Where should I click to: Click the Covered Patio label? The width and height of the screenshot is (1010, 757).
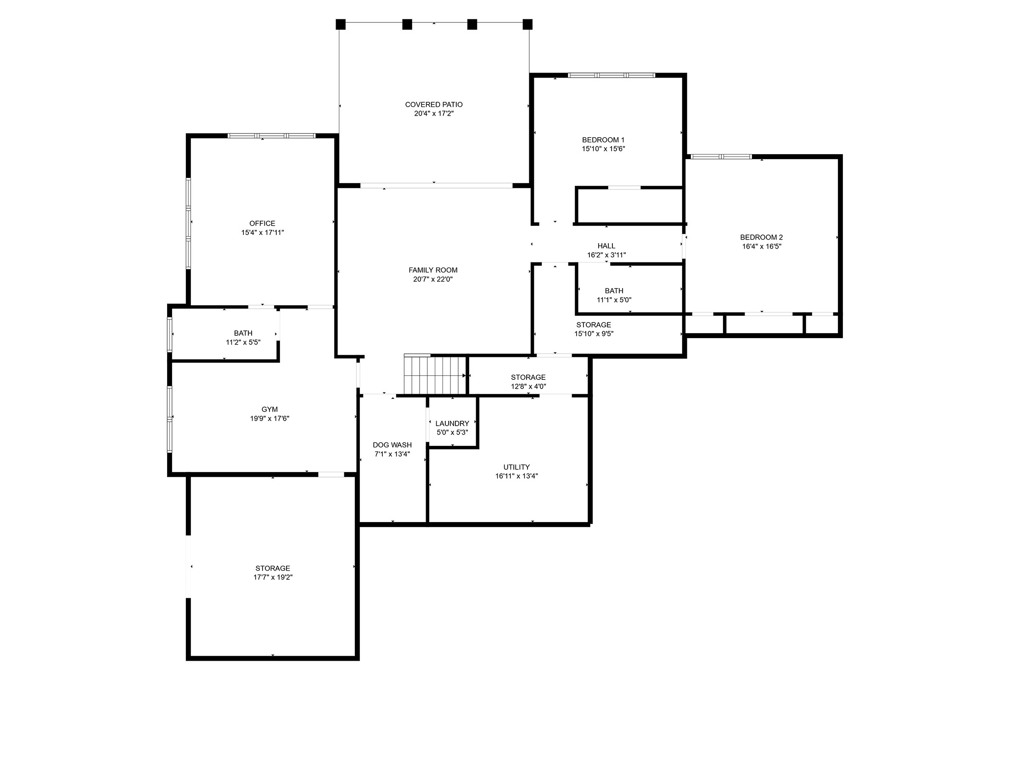click(x=433, y=105)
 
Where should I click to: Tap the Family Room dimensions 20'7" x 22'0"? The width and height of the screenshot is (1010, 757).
click(x=433, y=279)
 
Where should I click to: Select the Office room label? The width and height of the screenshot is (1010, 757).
click(x=262, y=223)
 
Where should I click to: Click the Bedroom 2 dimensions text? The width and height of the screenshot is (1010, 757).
click(x=762, y=246)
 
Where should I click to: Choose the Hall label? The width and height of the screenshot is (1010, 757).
click(x=606, y=246)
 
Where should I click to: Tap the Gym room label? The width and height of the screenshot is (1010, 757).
click(x=269, y=409)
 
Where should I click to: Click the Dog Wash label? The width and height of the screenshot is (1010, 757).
click(x=392, y=445)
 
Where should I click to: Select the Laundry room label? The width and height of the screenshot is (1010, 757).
click(x=452, y=423)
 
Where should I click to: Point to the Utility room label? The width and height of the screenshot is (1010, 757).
click(x=516, y=467)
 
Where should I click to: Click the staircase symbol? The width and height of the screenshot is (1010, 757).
click(x=435, y=375)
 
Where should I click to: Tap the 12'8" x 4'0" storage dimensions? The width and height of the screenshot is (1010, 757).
click(x=528, y=386)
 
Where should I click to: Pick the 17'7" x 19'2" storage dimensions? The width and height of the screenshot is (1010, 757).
click(x=273, y=577)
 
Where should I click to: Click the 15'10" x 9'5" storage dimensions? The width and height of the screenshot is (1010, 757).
click(x=594, y=334)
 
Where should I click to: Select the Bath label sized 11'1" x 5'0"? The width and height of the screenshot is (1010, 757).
click(x=614, y=291)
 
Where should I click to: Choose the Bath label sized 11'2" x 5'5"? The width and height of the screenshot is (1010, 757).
click(x=243, y=333)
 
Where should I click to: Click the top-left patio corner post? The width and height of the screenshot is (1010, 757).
click(x=340, y=24)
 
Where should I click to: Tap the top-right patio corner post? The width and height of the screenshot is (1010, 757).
click(x=527, y=24)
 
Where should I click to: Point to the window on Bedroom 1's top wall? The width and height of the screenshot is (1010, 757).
click(x=611, y=75)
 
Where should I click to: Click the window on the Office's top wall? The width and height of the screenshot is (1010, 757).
click(x=272, y=136)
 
